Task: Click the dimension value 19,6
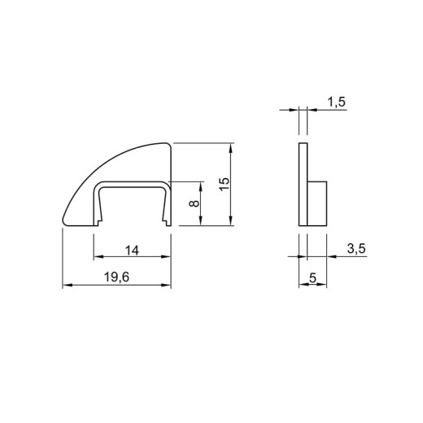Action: [x=116, y=277]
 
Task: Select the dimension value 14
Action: [x=132, y=251]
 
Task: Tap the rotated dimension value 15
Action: [x=225, y=185]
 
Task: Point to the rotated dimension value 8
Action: [x=194, y=203]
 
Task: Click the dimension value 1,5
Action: [x=337, y=102]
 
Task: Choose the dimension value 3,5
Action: [x=356, y=249]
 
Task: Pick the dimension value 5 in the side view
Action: [x=313, y=278]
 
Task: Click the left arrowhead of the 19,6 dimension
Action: [x=68, y=285]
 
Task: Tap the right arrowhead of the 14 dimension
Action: [x=166, y=256]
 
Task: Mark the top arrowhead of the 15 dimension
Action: [x=231, y=148]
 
